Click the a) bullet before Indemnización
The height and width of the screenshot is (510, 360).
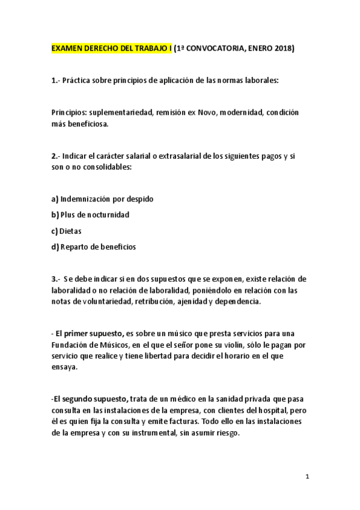click(x=55, y=198)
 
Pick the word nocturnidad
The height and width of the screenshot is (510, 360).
click(x=108, y=215)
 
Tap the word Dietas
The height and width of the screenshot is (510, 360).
click(x=71, y=230)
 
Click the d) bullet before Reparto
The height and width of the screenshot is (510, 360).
click(x=55, y=247)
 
